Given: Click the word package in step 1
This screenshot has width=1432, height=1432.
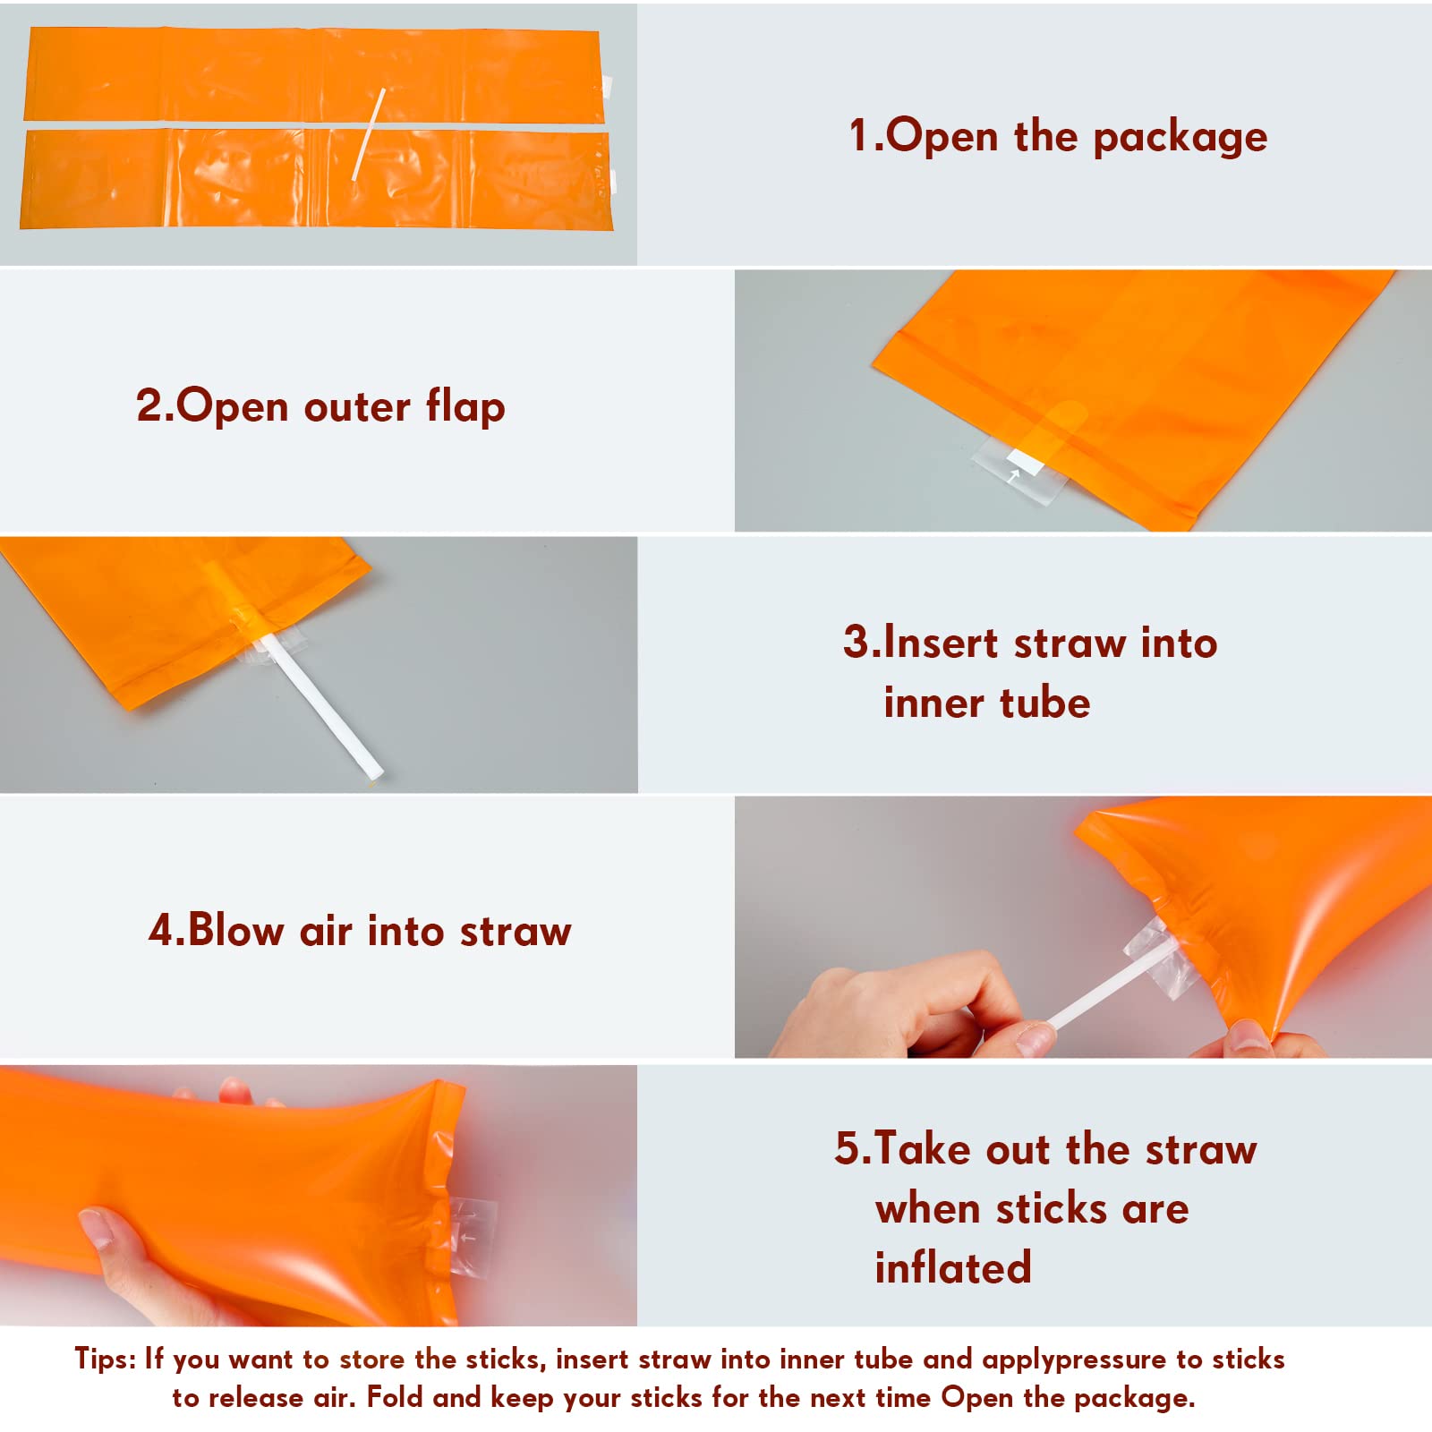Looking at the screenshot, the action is [1180, 138].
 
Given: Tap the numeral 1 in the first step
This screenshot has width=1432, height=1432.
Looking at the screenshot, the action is [858, 135].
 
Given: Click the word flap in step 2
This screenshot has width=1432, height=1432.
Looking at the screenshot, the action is [465, 406].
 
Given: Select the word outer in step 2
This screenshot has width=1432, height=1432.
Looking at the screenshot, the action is [357, 408].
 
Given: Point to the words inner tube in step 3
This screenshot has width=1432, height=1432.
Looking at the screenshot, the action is [987, 703].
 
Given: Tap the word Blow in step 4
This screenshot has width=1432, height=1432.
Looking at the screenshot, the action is [235, 930].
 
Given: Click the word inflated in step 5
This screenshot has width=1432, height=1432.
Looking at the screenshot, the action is [953, 1267].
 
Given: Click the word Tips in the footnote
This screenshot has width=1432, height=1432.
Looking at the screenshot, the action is [104, 1360].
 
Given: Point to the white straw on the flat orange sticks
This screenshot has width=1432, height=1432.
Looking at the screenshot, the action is [369, 133].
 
